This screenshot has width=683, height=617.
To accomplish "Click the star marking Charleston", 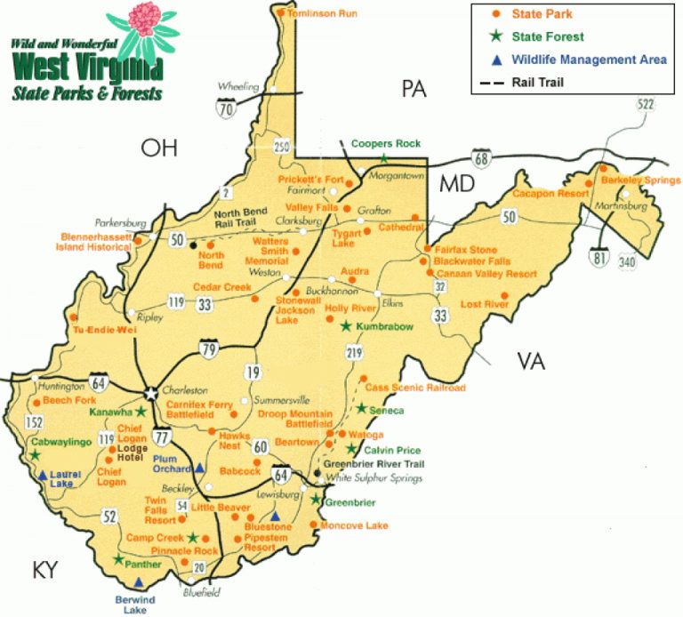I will (x=151, y=392).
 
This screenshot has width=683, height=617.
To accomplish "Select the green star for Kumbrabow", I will (x=346, y=326).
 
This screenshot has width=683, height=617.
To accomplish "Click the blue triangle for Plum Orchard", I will (x=200, y=467).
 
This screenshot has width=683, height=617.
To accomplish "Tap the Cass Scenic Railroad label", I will (x=415, y=388).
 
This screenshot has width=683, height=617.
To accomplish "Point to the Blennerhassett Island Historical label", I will (x=97, y=242).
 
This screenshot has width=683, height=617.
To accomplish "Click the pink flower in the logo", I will (x=145, y=20).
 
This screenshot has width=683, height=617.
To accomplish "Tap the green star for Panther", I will (x=118, y=559).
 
